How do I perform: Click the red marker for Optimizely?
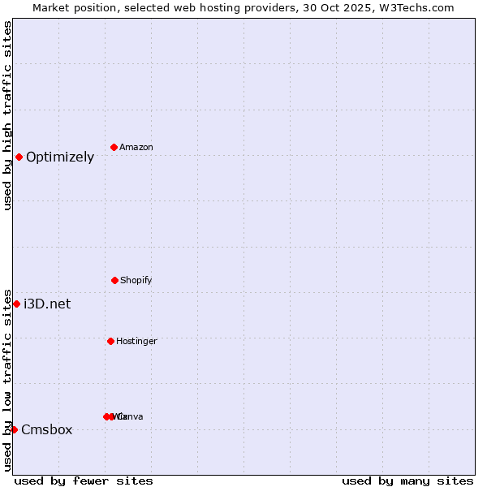(x=19, y=157)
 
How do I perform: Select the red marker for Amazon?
(x=114, y=147)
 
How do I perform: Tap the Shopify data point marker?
(x=114, y=280)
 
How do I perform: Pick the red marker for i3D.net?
(x=16, y=304)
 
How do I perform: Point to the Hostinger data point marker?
(x=110, y=341)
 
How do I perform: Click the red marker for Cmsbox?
(x=14, y=429)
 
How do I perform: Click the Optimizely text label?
(x=60, y=157)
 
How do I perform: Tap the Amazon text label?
(x=136, y=148)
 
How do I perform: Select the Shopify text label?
(x=136, y=281)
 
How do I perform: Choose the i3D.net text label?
(x=47, y=304)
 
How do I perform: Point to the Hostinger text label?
(x=136, y=342)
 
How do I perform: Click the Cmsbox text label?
(x=47, y=430)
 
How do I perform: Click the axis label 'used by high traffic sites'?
(x=7, y=115)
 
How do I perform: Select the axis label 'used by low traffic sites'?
(x=7, y=380)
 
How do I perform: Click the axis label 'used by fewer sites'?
(x=84, y=481)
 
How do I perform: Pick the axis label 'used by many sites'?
(x=407, y=481)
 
